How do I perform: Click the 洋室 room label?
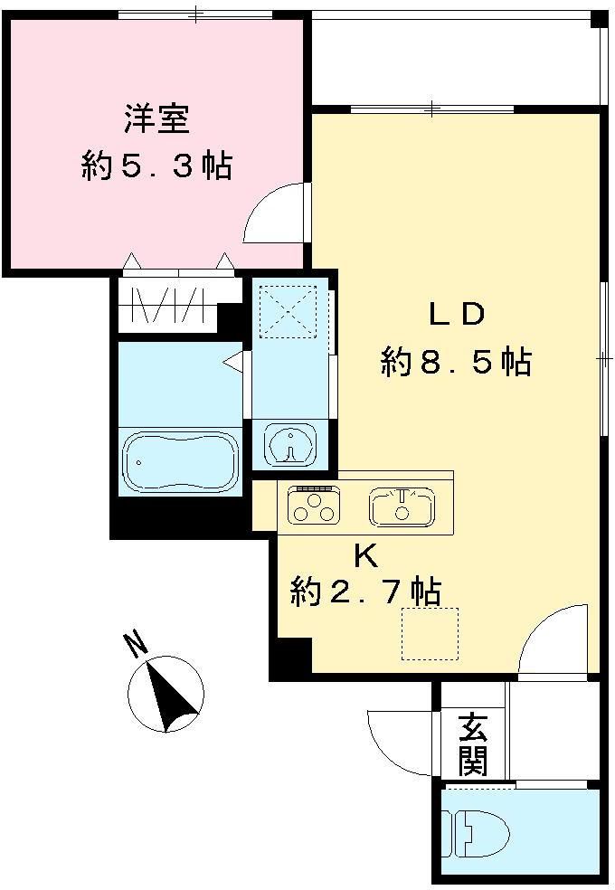[x=156, y=120]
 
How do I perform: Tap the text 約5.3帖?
[x=156, y=166]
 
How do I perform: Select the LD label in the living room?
[x=457, y=315]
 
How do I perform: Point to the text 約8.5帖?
[x=456, y=363]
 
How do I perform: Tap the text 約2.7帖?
[x=365, y=592]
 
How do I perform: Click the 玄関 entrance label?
[x=472, y=744]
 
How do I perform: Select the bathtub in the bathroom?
[x=180, y=461]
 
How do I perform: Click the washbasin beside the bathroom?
[x=289, y=444]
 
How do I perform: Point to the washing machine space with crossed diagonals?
[x=289, y=312]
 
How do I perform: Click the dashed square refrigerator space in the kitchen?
[x=430, y=633]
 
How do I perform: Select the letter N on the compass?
[x=136, y=644]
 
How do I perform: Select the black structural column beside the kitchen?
[x=289, y=658]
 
